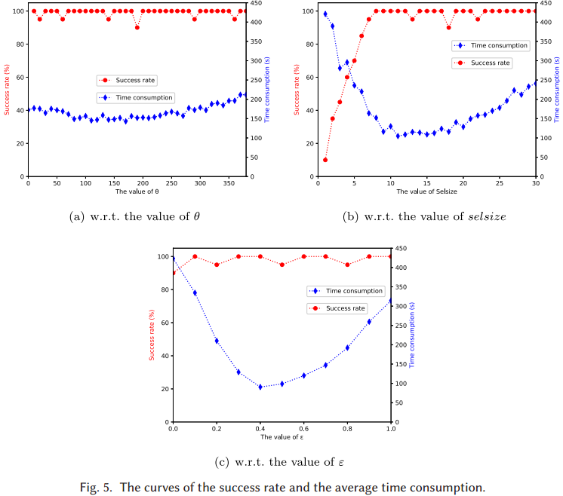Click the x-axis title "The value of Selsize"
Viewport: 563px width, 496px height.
[x=426, y=191]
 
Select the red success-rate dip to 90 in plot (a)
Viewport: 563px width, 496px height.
[x=137, y=27]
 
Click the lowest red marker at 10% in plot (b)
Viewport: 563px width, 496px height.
[x=325, y=160]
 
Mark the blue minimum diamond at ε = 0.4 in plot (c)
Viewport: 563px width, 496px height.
[x=260, y=387]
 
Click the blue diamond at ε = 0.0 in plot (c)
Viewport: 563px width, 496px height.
[x=174, y=259]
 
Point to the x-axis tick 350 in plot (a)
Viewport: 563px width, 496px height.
[x=229, y=183]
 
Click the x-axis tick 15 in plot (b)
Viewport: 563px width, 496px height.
[x=426, y=183]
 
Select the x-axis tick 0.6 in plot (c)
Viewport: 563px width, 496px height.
[x=304, y=429]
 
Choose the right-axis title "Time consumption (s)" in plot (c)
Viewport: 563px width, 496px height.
[x=412, y=335]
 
